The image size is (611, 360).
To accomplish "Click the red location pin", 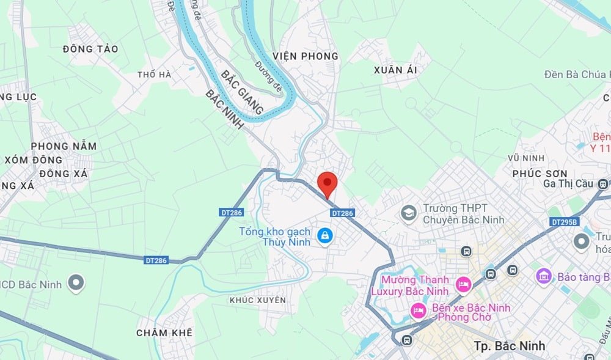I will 328,183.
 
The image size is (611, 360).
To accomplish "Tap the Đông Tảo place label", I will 90,49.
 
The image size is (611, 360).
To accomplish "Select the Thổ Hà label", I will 155,75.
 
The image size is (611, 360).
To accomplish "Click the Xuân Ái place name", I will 395,70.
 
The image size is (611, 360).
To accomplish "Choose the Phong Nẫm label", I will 64,146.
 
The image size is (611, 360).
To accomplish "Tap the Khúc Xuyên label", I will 257,300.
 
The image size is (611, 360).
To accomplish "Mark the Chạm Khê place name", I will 164,332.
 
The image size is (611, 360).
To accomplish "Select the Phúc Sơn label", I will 540,174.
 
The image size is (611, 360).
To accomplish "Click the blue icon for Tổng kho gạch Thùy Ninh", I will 325,235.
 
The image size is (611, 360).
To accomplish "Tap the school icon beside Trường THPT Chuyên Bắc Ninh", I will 408,213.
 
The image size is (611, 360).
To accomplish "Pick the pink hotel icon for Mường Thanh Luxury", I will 464,285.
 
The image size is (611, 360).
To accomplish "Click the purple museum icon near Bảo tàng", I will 543,276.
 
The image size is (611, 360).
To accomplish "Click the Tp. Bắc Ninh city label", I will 509,346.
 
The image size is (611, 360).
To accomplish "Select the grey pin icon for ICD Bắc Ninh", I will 76,283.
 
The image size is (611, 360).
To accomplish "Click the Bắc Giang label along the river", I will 242,93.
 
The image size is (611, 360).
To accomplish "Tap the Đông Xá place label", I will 64,174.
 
